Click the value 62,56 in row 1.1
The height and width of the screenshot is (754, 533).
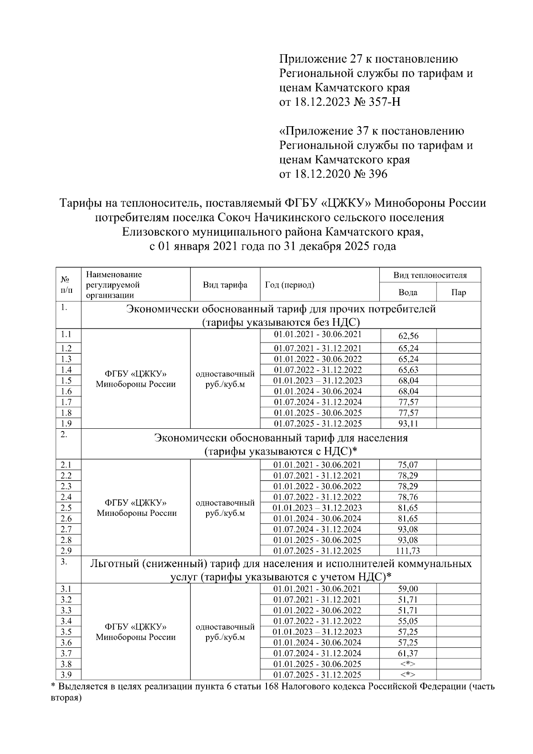[x=408, y=336]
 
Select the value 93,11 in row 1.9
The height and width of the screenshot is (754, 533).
[x=408, y=423]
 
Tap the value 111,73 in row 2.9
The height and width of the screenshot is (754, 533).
[x=408, y=551]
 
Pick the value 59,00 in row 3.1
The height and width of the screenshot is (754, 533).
[x=408, y=589]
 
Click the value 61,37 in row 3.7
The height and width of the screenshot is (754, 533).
[x=408, y=654]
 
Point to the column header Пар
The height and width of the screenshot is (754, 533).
[x=458, y=293]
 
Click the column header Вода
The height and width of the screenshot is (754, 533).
[x=408, y=293]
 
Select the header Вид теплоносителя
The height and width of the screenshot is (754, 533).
[x=430, y=275]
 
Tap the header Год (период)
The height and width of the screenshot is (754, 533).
[x=290, y=285]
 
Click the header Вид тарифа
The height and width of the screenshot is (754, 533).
[x=225, y=285]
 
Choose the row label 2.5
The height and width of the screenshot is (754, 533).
[x=66, y=507]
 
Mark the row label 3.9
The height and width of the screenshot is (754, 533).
[x=66, y=675]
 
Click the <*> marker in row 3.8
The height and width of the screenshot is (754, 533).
[x=408, y=664]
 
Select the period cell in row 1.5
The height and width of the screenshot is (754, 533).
[x=318, y=381]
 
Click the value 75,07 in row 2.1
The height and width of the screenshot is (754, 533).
[x=408, y=465]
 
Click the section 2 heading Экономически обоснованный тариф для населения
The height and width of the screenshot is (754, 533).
[x=281, y=438]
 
